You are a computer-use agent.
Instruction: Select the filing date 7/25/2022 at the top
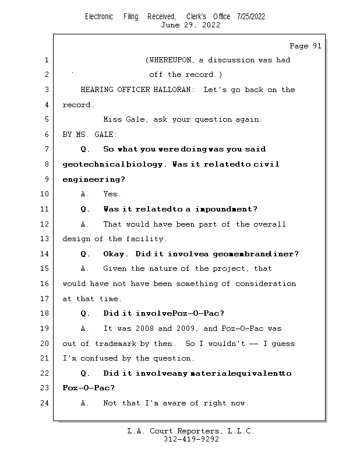[251, 16]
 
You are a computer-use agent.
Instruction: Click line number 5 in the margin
[46, 120]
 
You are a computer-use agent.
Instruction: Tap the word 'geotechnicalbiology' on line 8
[114, 165]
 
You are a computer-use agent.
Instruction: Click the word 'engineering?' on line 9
[94, 179]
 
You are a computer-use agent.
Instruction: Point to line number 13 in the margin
[46, 239]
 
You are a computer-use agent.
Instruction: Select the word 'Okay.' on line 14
[117, 254]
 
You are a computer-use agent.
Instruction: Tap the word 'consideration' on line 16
[266, 284]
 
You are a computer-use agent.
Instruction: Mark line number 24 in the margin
[46, 403]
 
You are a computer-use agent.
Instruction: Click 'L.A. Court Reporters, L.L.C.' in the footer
[190, 432]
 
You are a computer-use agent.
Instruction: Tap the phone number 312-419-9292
[191, 440]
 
